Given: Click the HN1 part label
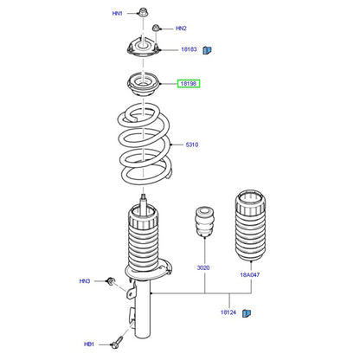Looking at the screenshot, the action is tap(117, 13).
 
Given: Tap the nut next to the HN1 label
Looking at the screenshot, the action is tap(142, 12).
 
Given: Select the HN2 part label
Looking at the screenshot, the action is tap(181, 29).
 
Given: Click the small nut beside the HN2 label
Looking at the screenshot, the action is tap(156, 28).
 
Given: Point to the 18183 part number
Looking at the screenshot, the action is tap(189, 49).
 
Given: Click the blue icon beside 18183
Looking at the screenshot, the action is tap(207, 50).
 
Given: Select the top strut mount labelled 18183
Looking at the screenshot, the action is tap(143, 48).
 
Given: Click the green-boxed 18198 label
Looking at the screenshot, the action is tap(189, 84).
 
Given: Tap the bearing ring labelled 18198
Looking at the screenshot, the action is tap(143, 86).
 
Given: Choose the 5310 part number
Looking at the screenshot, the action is tap(192, 145).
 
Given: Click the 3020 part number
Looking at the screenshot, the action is tap(203, 267).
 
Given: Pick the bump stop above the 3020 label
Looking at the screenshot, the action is tap(204, 222).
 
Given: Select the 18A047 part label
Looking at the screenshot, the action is tap(250, 275).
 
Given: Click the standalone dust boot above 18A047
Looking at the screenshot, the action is tap(250, 226).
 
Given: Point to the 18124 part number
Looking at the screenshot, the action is tap(228, 312).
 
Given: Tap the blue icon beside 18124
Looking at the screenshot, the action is tap(247, 313).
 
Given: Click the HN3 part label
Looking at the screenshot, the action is tap(85, 281).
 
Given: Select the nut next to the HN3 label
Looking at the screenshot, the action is tap(111, 281).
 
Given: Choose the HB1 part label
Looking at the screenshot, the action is tap(89, 344).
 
